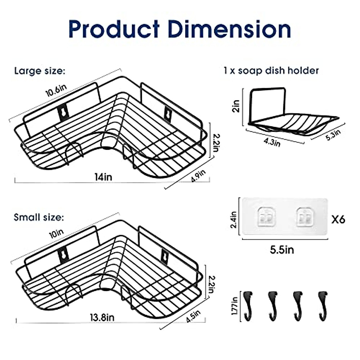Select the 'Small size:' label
pyautogui.click(x=39, y=217)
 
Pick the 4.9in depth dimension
pyautogui.click(x=198, y=176)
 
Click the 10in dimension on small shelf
pyautogui.click(x=56, y=233)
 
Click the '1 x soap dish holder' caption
pyautogui.click(x=271, y=71)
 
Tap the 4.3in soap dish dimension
pyautogui.click(x=272, y=142)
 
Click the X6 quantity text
pyautogui.click(x=338, y=220)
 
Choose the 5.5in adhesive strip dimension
pyautogui.click(x=282, y=250)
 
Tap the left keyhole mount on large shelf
pyautogui.click(x=63, y=112)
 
